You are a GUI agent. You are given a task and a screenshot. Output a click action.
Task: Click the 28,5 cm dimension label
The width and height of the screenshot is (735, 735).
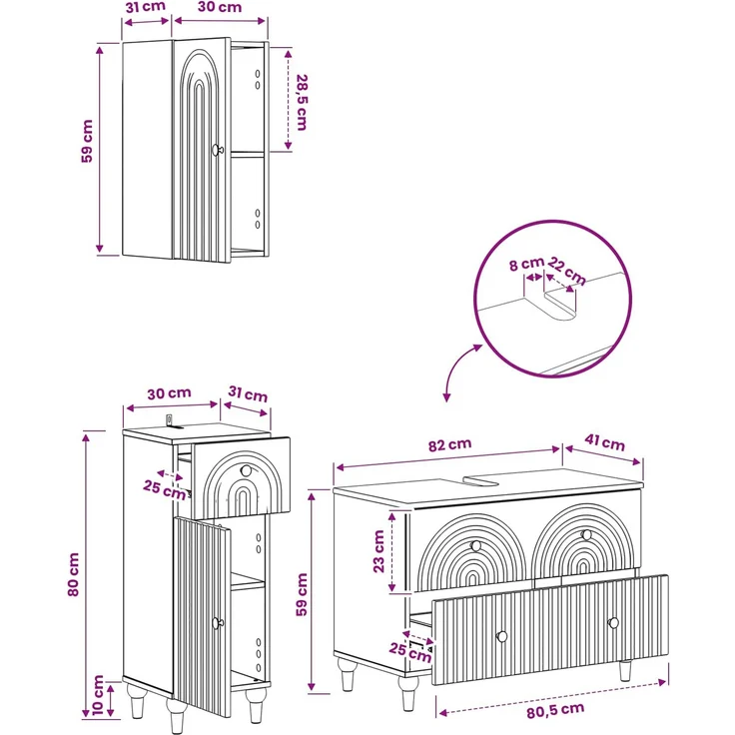tap(302, 102)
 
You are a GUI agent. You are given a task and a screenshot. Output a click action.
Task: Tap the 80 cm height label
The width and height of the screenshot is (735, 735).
tap(74, 574)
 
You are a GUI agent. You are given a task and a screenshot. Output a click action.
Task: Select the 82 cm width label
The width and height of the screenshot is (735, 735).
tap(450, 444)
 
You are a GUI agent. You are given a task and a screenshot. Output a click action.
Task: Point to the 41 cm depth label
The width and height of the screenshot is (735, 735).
tap(605, 442)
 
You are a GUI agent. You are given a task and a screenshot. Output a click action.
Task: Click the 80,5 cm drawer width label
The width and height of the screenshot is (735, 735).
tap(555, 710)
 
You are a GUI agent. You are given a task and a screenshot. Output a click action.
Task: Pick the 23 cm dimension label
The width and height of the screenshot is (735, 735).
tap(378, 551)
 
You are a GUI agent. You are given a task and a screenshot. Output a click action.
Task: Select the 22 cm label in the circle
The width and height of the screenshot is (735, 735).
tap(566, 271)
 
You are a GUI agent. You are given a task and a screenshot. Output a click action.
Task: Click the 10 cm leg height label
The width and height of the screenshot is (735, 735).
tap(98, 695)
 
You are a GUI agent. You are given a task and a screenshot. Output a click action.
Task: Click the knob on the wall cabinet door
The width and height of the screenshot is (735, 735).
tap(217, 150)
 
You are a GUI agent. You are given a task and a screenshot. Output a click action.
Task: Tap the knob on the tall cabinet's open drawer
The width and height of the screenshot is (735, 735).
tap(246, 469)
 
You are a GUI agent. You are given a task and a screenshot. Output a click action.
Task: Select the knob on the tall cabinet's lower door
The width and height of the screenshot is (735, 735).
tap(217, 623)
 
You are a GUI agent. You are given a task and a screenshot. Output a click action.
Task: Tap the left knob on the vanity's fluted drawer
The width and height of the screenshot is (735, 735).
tap(502, 636)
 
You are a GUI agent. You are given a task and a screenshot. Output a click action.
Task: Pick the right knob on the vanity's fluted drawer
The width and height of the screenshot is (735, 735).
tap(613, 623)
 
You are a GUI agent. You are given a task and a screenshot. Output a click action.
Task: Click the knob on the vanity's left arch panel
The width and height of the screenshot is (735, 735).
tap(475, 545)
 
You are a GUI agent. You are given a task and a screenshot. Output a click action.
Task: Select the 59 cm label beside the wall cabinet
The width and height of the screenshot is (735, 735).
tap(87, 141)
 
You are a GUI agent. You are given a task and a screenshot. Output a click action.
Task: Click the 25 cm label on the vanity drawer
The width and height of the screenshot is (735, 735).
tap(410, 652)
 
